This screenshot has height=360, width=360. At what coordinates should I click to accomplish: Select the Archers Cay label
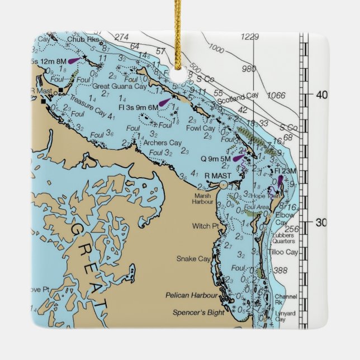[163, 143]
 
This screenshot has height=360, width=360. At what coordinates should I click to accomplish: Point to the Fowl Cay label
[201, 128]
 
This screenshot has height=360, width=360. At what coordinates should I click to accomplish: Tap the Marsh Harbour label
[203, 198]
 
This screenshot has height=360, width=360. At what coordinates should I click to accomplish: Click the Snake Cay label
[193, 259]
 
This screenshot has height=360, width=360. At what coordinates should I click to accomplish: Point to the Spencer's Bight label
[198, 312]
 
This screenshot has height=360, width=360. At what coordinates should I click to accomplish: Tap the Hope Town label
[262, 197]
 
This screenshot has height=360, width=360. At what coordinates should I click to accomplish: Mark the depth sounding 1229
[250, 37]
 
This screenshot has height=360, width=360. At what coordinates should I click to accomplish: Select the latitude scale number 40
[321, 95]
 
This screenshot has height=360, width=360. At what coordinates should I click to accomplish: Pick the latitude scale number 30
[321, 222]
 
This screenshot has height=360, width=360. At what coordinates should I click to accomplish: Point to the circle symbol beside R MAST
[224, 184]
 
